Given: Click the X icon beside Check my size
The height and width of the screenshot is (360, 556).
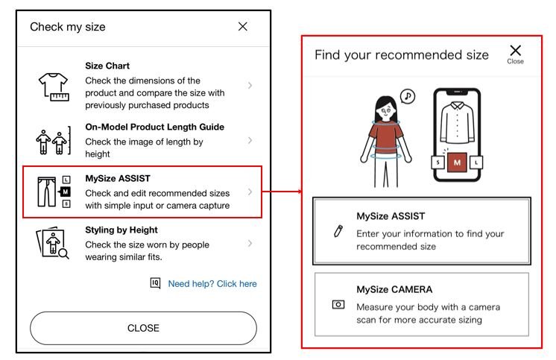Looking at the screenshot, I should tap(242, 27).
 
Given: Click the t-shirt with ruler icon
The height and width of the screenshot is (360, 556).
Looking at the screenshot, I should tap(53, 86).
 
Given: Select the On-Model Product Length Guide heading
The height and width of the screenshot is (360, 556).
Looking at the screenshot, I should tap(154, 127).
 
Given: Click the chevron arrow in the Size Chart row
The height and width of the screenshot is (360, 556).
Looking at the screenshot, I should tap(250, 86).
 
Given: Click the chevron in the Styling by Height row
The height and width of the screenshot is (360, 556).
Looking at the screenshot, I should tap(250, 243).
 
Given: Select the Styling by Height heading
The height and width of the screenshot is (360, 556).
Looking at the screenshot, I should tap(121, 230).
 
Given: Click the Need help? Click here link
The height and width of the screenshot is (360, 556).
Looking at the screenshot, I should tap(212, 284).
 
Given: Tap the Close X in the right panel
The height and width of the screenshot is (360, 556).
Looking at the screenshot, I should tap(515, 53).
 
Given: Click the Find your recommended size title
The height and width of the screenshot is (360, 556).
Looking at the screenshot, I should tap(401, 54).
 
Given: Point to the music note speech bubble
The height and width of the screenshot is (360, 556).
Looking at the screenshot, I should tap(407, 96).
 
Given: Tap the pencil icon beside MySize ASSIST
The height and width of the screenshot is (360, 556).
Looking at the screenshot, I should tap(338, 230).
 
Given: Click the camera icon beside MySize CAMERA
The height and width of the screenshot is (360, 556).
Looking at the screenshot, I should tap(338, 305).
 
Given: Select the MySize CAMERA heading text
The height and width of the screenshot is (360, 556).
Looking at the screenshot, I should tap(394, 289).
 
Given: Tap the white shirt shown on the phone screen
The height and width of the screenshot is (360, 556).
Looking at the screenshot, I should tap(457, 124).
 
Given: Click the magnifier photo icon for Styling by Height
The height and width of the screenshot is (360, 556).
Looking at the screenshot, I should tap(53, 244).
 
